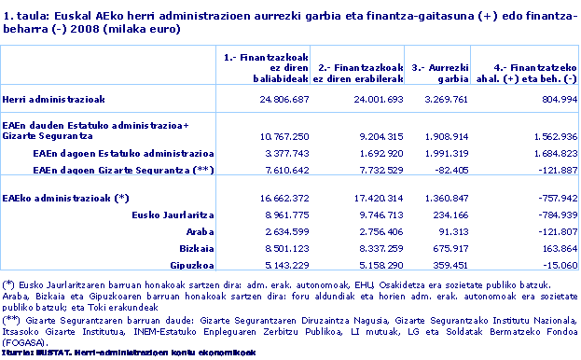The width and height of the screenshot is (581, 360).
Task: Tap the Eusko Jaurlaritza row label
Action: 177,214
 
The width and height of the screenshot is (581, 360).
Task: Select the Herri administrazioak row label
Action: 52,98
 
